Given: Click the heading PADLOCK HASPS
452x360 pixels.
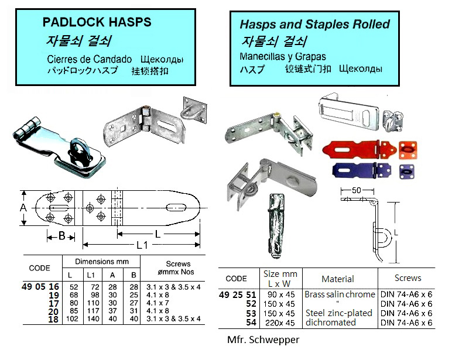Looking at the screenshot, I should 97,23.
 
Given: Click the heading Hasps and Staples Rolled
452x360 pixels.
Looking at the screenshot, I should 314,25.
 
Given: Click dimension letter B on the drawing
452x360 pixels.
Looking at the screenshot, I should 61,236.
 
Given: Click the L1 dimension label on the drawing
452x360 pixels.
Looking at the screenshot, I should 141,245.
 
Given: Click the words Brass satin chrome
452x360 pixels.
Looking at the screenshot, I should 339,294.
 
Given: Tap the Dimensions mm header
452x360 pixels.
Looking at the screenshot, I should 101,262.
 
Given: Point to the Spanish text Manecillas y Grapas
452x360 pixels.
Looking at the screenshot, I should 283,57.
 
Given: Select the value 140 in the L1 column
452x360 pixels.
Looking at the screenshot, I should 91,320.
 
